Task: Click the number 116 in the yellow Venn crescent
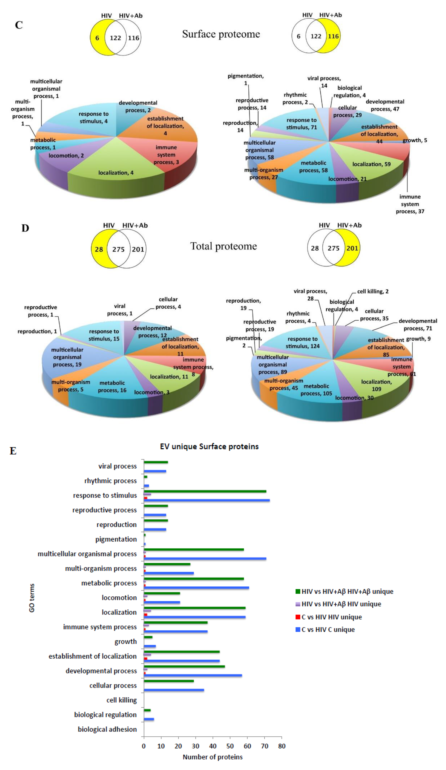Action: pos(333,36)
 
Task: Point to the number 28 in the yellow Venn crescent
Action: pos(99,249)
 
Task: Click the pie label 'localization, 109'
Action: pos(376,385)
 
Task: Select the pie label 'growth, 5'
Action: pos(415,140)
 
